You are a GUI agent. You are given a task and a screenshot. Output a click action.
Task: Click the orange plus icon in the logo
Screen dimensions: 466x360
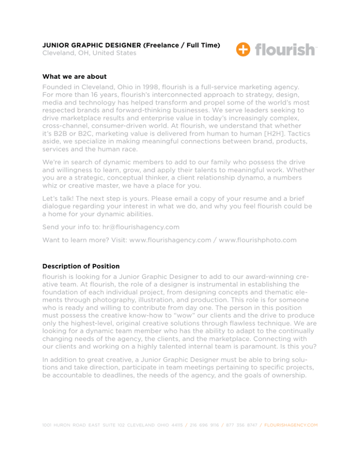[x=243, y=49]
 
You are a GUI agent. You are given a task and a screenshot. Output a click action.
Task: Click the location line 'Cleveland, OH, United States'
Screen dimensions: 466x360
[x=90, y=53]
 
